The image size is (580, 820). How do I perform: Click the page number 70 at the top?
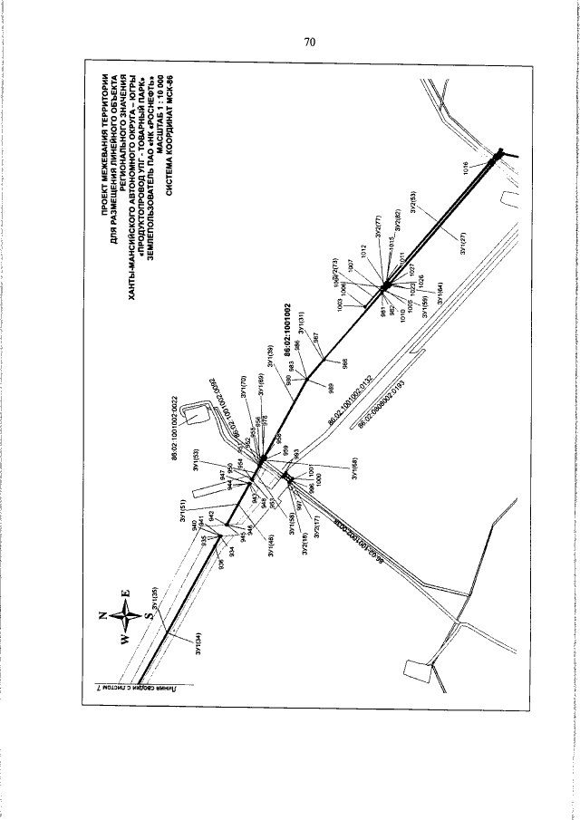point(309,42)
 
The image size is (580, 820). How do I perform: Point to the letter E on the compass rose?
point(125,595)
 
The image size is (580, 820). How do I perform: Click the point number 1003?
point(340,308)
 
